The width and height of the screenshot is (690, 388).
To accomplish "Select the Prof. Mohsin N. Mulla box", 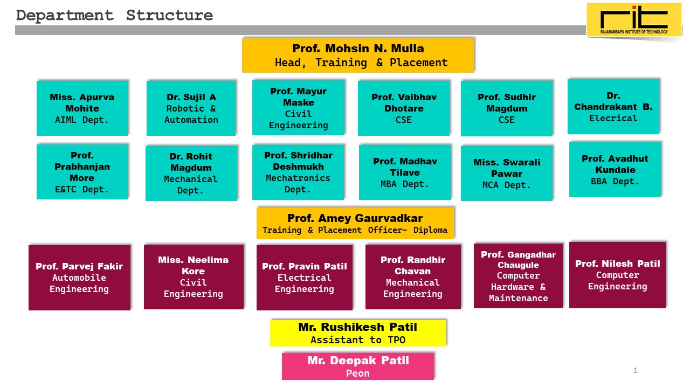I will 358,55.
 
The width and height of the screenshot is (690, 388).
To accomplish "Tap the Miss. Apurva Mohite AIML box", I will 82,108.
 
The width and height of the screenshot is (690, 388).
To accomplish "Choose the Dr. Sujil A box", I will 191,108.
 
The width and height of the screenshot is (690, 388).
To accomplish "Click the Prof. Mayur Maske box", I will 298,108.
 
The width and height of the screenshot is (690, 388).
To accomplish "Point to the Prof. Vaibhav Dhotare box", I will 404,108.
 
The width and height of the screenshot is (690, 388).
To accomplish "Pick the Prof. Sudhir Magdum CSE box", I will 507,108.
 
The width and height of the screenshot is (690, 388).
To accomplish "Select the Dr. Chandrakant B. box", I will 613,106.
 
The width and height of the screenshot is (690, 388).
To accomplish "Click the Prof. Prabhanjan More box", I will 82,171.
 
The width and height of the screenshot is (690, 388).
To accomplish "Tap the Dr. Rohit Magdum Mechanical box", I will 191,173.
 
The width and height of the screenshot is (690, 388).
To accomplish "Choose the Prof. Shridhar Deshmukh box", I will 298,172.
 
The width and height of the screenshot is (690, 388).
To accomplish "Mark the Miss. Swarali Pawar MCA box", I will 507,173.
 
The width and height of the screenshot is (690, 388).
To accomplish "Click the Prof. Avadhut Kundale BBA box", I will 615,169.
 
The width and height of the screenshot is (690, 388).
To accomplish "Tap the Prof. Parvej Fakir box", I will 79,278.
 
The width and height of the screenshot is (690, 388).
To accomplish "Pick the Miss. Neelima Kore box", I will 194,276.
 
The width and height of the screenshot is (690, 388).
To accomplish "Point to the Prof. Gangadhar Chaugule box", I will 518,275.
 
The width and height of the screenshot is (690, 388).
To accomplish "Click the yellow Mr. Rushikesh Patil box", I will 358,333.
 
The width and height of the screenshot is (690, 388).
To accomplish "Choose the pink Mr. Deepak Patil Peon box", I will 358,366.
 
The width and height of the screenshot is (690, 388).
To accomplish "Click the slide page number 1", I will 636,370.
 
